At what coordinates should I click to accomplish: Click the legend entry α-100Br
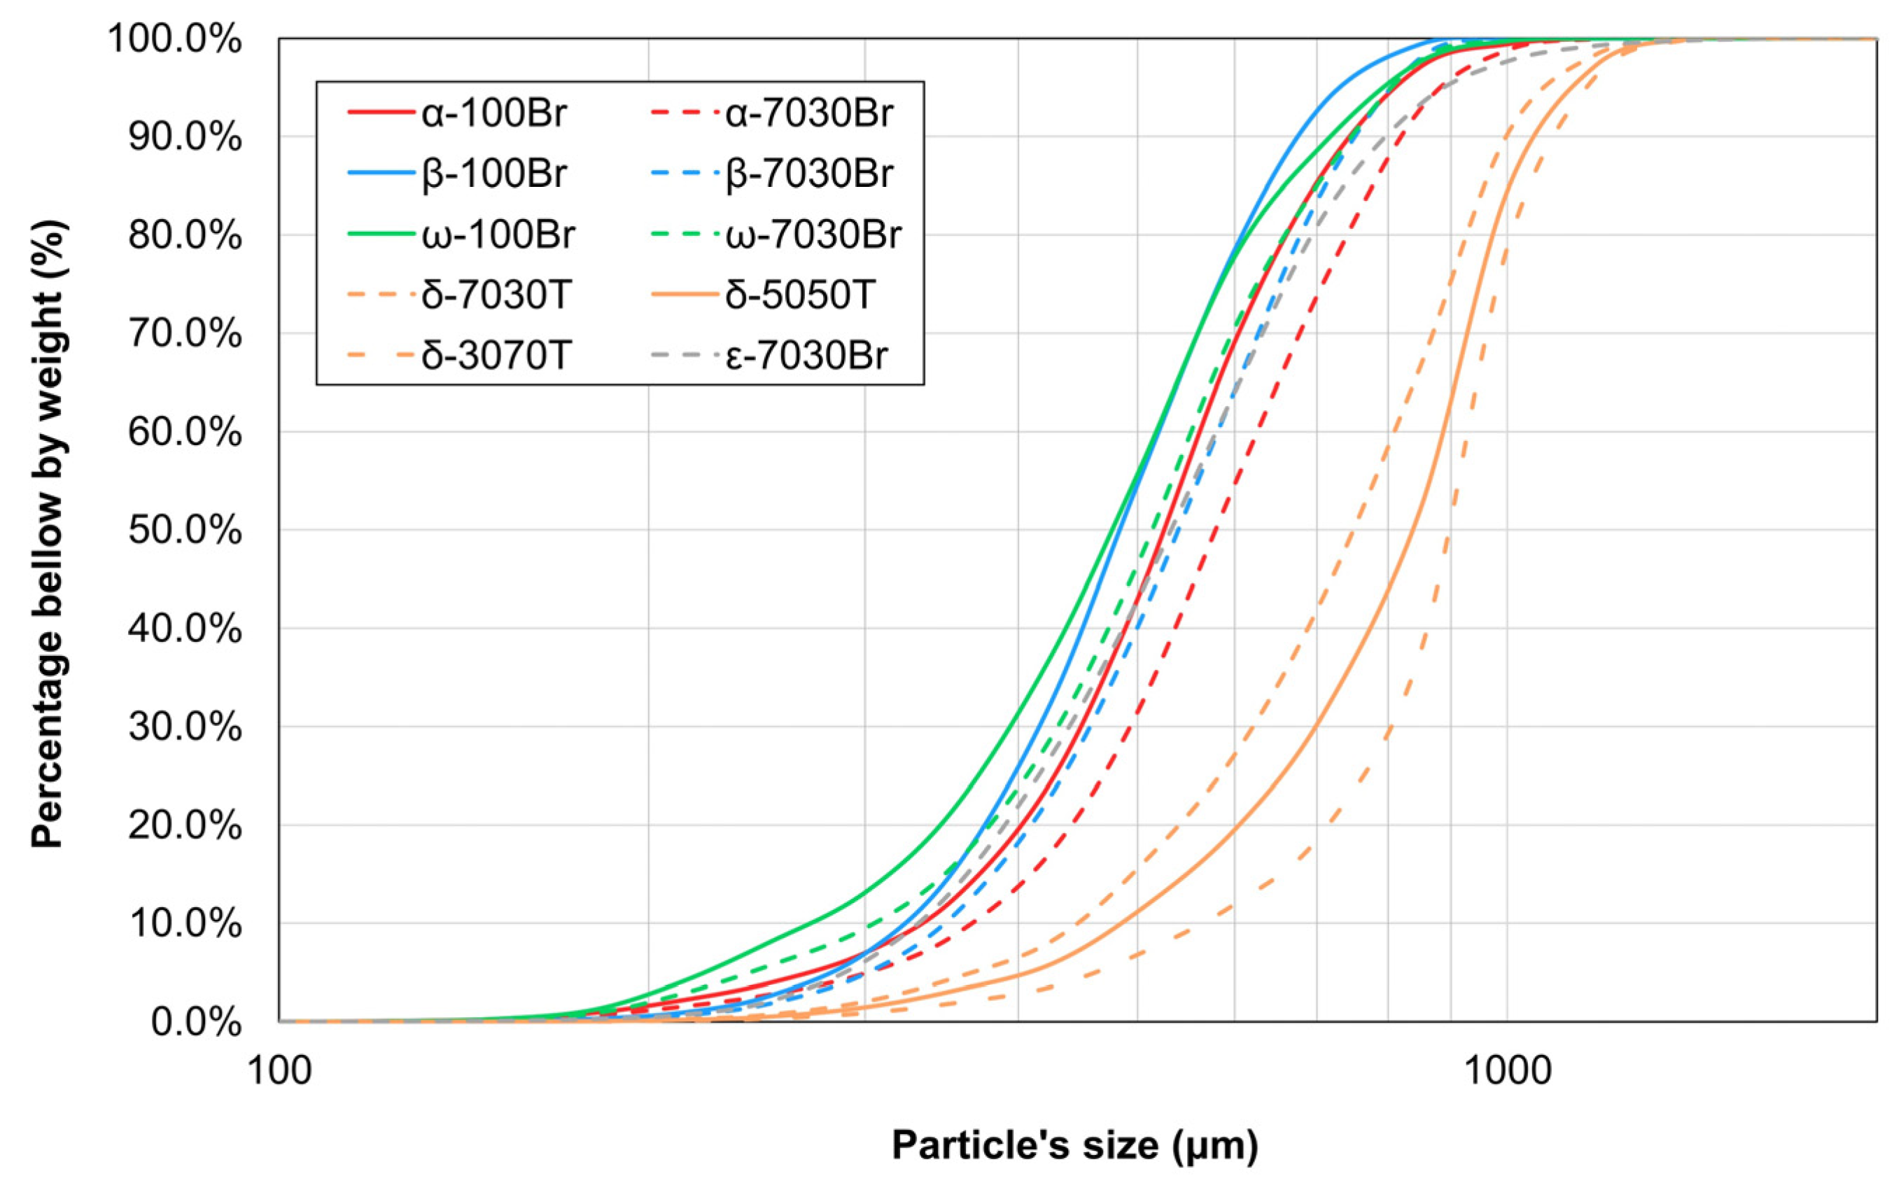[493, 113]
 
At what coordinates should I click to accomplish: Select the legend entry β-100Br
[493, 174]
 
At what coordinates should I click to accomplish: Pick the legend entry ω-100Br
[498, 234]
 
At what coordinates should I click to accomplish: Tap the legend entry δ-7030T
[495, 295]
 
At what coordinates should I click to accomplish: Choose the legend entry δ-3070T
[495, 356]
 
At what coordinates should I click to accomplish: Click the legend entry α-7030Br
[809, 113]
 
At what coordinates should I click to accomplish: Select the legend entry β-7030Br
[809, 174]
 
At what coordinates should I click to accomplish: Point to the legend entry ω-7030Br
[813, 234]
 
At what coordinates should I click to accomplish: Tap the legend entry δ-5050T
[799, 295]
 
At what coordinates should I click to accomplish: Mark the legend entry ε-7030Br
[806, 356]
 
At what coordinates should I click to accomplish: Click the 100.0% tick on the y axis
[175, 39]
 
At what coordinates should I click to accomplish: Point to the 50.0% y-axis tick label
[184, 531]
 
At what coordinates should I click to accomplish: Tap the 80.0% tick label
[184, 235]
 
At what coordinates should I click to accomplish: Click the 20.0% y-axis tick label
[184, 825]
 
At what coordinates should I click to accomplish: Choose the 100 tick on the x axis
[279, 1071]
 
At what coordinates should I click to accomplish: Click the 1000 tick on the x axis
[1507, 1071]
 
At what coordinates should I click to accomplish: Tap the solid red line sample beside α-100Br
[381, 113]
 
